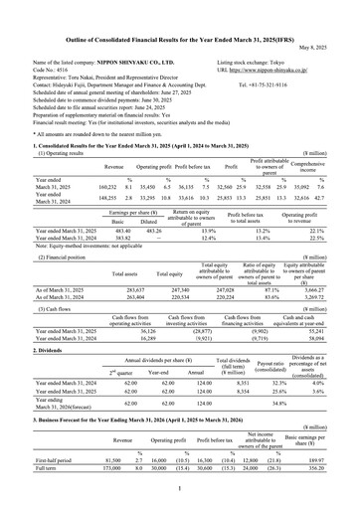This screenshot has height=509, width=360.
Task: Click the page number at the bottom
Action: coord(180,488)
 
